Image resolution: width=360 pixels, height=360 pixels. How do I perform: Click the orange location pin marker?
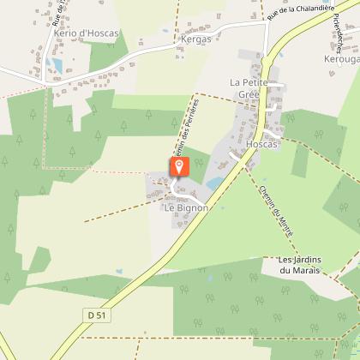(x=178, y=166)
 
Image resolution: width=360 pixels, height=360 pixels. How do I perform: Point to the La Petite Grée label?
(x=249, y=87)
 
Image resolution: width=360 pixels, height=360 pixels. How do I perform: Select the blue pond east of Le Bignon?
(x=213, y=183)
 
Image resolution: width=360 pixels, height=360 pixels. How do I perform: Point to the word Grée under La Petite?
(x=249, y=94)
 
